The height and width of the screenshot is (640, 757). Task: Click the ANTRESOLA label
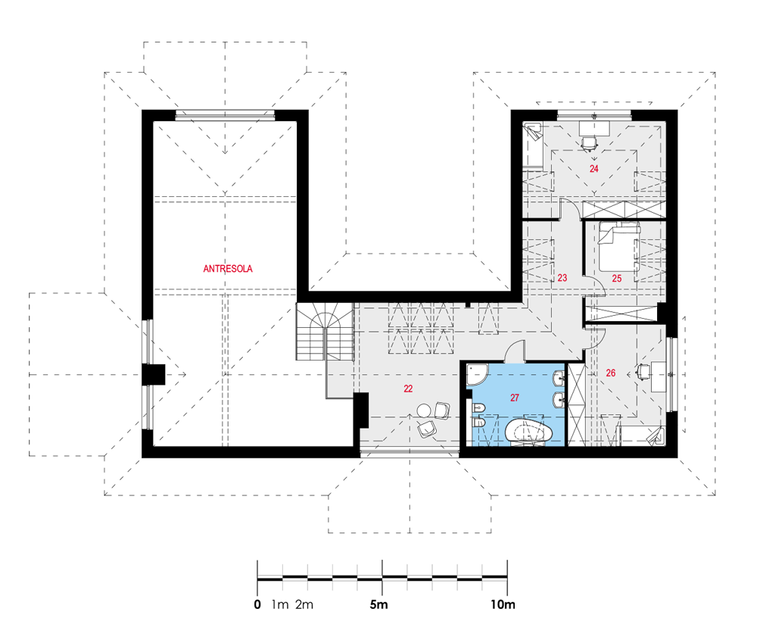(228, 269)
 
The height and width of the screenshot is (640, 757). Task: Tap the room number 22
(409, 389)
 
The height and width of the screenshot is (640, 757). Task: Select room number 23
(562, 278)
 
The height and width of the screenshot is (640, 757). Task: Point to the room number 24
(593, 169)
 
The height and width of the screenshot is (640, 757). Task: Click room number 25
(616, 278)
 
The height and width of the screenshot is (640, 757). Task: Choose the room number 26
(611, 373)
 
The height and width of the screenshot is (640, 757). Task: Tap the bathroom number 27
(515, 398)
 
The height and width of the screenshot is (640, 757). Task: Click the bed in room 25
(619, 246)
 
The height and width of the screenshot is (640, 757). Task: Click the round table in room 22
(425, 411)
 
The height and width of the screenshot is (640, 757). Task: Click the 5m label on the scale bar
(378, 604)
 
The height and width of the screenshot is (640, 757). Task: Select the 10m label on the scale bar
(503, 604)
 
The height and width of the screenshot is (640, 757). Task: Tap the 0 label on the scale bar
(257, 604)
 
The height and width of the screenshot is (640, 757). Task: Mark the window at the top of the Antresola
(225, 115)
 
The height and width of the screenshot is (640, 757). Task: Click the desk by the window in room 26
(659, 376)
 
